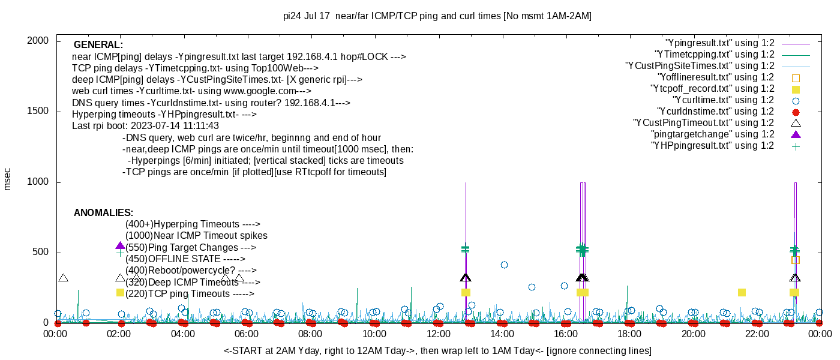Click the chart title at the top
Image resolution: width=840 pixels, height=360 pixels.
pyautogui.click(x=437, y=16)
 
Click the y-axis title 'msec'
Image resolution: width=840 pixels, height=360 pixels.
pyautogui.click(x=8, y=179)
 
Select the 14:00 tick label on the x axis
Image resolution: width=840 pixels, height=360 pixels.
pyautogui.click(x=502, y=334)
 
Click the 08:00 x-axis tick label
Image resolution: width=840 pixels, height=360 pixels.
pyautogui.click(x=310, y=334)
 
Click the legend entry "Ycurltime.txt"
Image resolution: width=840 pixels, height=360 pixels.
pyautogui.click(x=723, y=100)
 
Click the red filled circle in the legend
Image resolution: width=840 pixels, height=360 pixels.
pyautogui.click(x=796, y=112)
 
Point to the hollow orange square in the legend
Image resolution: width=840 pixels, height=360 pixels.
pyautogui.click(x=796, y=77)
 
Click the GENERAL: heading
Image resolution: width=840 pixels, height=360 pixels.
pyautogui.click(x=98, y=45)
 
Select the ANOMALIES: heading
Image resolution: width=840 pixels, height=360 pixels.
pyautogui.click(x=103, y=213)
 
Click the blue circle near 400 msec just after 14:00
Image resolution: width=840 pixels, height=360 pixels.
pyautogui.click(x=504, y=265)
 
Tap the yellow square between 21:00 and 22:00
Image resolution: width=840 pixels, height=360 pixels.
pyautogui.click(x=742, y=292)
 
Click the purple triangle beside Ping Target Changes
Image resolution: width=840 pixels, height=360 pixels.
pyautogui.click(x=120, y=246)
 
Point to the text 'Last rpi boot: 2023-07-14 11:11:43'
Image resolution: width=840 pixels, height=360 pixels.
pyautogui.click(x=145, y=126)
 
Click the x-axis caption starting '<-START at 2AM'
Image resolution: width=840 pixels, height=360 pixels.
pyautogui.click(x=437, y=350)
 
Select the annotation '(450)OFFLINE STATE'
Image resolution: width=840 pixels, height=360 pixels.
pyautogui.click(x=185, y=259)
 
